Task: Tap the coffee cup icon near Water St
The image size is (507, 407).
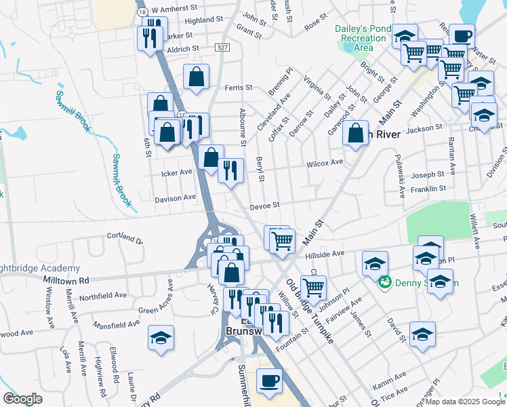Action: click(462, 36)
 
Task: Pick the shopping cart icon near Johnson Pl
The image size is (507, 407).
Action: click(313, 288)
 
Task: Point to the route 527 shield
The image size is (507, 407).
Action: click(222, 47)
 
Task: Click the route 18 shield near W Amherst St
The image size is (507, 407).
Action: click(142, 12)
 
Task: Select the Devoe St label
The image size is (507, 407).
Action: click(265, 206)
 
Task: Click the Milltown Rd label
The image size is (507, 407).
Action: click(65, 279)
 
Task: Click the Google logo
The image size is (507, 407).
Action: click(22, 399)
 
